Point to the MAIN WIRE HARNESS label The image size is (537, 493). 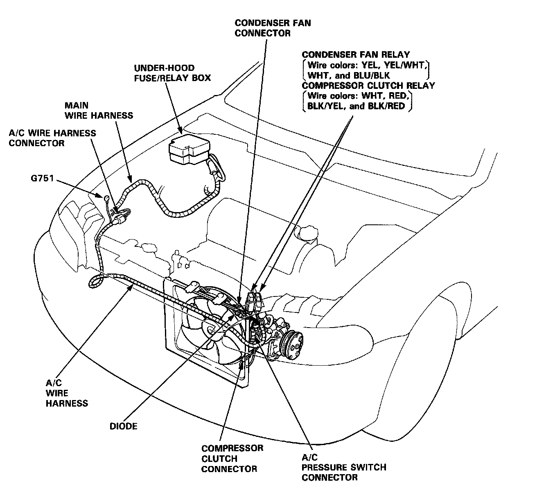tap(99, 111)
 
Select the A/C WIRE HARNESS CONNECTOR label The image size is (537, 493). tap(52, 138)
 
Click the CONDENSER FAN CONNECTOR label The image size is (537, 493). tap(273, 28)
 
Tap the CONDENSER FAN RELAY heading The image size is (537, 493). tap(356, 55)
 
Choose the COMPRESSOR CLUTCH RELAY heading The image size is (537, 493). tap(368, 86)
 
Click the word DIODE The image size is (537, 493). tap(123, 426)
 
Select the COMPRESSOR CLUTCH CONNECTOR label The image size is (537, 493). tap(232, 459)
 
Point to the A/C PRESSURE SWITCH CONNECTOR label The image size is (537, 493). tap(343, 467)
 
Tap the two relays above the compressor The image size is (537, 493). tap(255, 301)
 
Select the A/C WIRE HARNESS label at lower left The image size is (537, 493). tap(66, 393)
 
